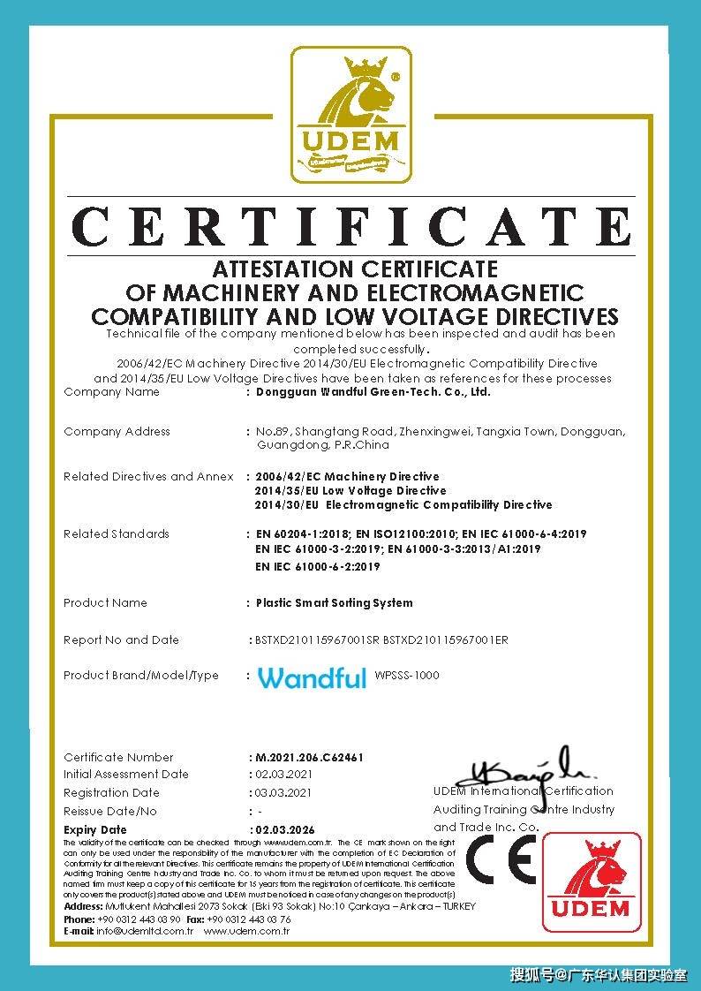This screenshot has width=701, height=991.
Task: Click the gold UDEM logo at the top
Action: click(x=351, y=115)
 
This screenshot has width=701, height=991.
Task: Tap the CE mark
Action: click(x=500, y=859)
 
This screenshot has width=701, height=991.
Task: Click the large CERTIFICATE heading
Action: click(x=351, y=227)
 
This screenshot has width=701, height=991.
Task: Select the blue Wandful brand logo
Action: click(x=312, y=677)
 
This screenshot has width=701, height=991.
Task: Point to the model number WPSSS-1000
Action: click(x=407, y=676)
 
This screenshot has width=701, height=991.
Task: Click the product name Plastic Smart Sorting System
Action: click(x=334, y=603)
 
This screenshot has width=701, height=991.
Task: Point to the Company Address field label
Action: click(x=117, y=432)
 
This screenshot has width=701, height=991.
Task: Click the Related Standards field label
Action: click(x=116, y=534)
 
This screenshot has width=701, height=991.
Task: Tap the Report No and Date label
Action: click(x=121, y=640)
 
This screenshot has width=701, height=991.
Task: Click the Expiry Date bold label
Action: click(x=95, y=830)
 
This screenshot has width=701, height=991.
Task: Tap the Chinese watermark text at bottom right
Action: click(x=598, y=975)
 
